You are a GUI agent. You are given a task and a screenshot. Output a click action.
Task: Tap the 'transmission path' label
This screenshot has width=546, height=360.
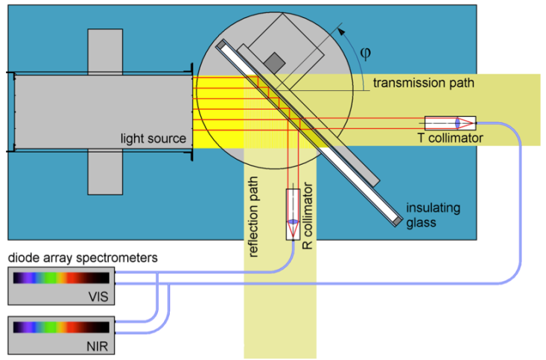coord(423,82)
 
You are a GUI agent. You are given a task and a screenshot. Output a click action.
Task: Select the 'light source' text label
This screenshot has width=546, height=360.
coord(155,139)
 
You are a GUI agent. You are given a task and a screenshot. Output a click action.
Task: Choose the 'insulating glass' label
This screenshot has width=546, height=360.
coord(429,212)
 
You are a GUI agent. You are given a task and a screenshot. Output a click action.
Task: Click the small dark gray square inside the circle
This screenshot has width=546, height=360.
coord(276,62)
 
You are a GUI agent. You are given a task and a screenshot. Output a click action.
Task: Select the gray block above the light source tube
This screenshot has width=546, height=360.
coord(105,51)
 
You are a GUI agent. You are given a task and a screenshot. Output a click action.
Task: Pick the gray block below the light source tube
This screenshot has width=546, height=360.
coord(105,172)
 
